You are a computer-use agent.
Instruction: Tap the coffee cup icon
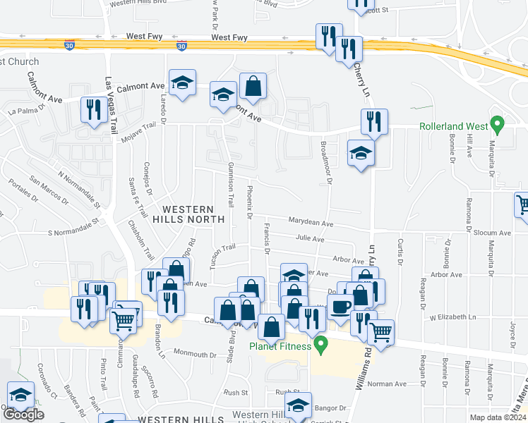[x=341, y=307]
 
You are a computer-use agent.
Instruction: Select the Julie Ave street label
[x=309, y=238]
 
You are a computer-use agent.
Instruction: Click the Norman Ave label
[x=391, y=384]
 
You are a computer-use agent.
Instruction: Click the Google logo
[x=23, y=415]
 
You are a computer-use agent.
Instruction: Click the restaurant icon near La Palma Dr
[x=92, y=109]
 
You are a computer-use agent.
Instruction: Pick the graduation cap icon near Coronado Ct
[x=20, y=394]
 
